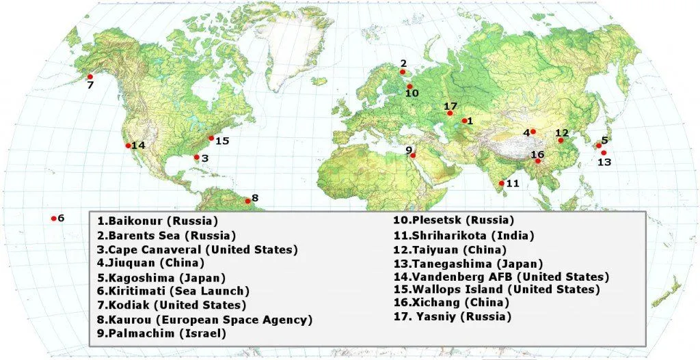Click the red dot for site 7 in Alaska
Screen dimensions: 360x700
pyautogui.click(x=88, y=76)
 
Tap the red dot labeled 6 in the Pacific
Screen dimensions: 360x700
pyautogui.click(x=53, y=219)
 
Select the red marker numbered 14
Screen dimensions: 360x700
pyautogui.click(x=128, y=146)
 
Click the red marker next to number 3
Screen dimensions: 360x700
pyautogui.click(x=197, y=158)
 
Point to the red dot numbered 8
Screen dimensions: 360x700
pyautogui.click(x=247, y=201)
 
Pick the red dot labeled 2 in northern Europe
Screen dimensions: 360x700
pyautogui.click(x=403, y=72)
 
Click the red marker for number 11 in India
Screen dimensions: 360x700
pyautogui.click(x=502, y=183)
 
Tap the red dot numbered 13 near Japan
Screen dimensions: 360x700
pyautogui.click(x=604, y=153)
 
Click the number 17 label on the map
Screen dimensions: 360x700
pyautogui.click(x=450, y=107)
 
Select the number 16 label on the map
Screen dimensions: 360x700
pyautogui.click(x=537, y=154)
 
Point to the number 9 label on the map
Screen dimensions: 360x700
pyautogui.click(x=408, y=150)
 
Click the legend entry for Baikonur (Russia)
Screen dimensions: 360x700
pyautogui.click(x=157, y=221)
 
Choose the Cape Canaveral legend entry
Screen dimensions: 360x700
pyautogui.click(x=198, y=249)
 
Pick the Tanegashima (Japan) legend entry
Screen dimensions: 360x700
pyautogui.click(x=468, y=263)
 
